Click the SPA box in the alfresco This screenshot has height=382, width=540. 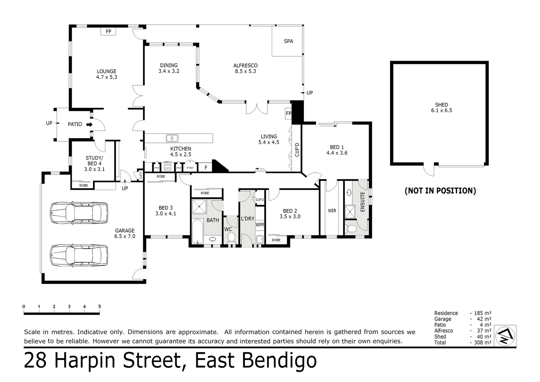point(288,41)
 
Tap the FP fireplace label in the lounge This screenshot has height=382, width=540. point(108,31)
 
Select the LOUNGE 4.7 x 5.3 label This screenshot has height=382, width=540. point(106,74)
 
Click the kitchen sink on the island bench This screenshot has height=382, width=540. point(172,138)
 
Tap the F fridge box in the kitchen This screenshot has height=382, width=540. point(206,168)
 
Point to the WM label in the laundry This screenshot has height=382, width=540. point(259,225)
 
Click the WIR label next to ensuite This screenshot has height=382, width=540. point(332,211)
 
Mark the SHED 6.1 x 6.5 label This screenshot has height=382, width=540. point(441,108)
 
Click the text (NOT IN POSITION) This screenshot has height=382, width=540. point(440,191)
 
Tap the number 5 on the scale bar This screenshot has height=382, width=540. point(100,307)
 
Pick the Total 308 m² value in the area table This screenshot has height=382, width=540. point(481,342)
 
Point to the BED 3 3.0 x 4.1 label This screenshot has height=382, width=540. point(165,211)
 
